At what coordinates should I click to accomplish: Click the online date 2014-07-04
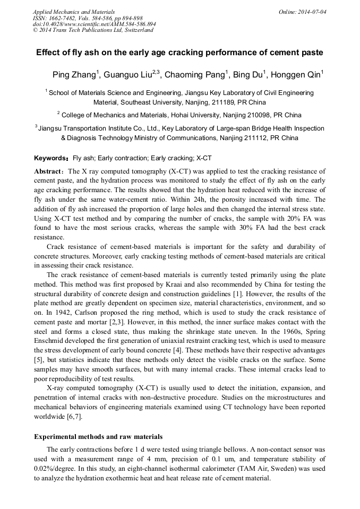point(310,11)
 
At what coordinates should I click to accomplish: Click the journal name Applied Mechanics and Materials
point(73,11)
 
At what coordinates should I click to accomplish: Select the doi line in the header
point(94,24)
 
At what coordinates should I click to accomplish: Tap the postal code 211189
point(219,102)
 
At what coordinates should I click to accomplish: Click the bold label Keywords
point(50,158)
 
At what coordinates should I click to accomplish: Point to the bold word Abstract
point(49,171)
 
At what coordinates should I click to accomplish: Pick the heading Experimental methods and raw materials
point(98,437)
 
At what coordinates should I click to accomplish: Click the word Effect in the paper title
point(49,53)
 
